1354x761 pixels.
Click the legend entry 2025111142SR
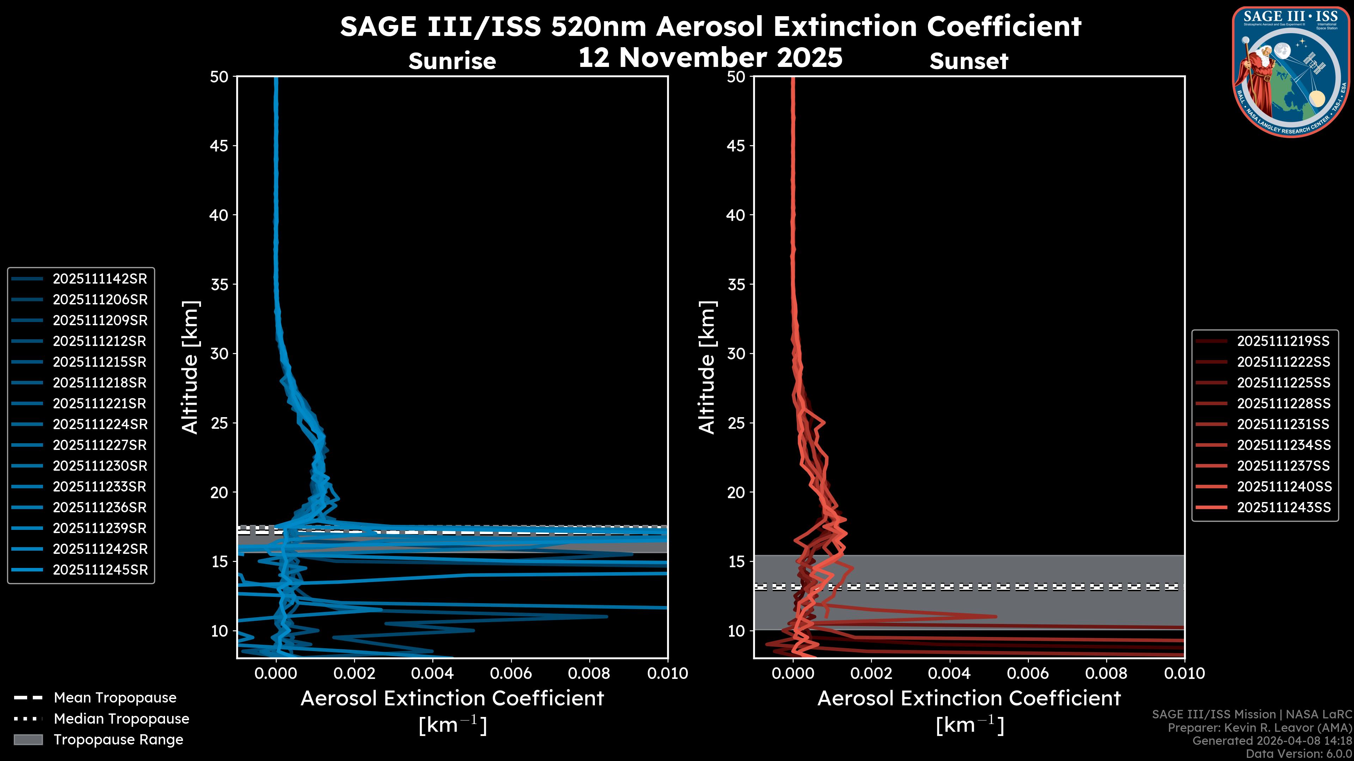[100, 279]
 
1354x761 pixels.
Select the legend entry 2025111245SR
[100, 570]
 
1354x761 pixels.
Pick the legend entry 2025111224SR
[100, 424]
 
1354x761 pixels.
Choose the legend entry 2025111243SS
[1283, 507]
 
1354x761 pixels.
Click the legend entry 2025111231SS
[1283, 424]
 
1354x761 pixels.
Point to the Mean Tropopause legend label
[115, 698]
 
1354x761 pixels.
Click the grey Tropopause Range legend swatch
[28, 740]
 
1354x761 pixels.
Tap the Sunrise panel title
[452, 61]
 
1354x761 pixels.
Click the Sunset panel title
[969, 61]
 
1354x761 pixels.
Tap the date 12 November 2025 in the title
[710, 58]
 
